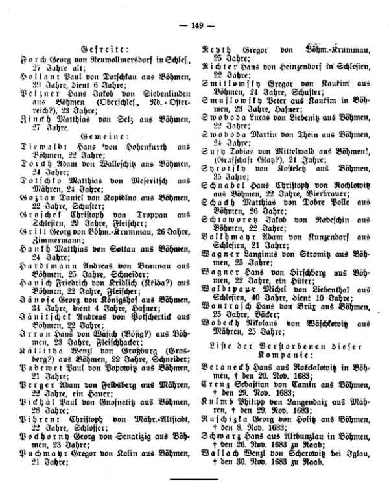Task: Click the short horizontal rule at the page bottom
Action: click(x=194, y=480)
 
